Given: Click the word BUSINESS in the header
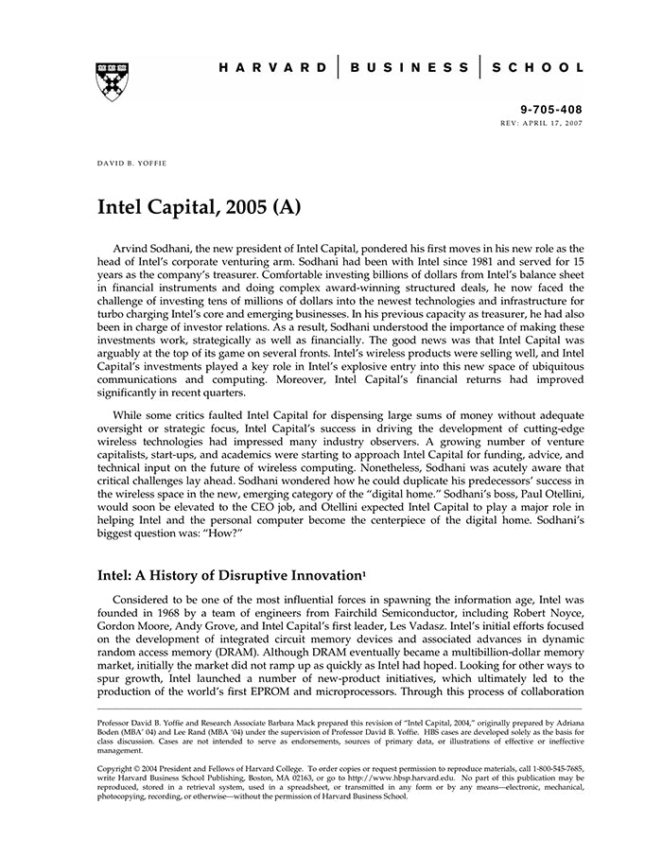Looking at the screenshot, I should [x=409, y=68].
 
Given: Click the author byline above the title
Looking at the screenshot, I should [x=130, y=163].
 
